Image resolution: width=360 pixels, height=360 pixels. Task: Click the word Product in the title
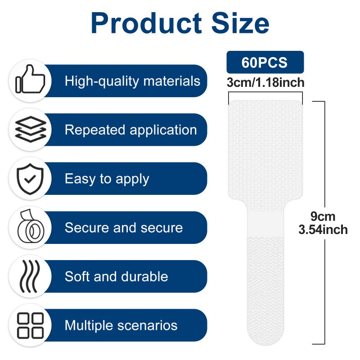click(x=147, y=23)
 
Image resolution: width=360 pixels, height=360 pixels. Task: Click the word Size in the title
click(x=240, y=23)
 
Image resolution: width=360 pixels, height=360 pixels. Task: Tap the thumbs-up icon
click(x=30, y=79)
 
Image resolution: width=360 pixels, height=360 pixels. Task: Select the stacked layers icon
click(x=31, y=129)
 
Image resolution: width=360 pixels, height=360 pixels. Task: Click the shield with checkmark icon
click(x=30, y=179)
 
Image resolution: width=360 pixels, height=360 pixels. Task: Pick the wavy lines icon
click(x=30, y=276)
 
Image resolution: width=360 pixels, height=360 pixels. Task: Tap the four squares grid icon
click(x=30, y=325)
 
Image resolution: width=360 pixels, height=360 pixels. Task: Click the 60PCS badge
click(x=265, y=62)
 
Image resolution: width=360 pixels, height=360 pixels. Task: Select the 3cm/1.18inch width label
click(x=265, y=82)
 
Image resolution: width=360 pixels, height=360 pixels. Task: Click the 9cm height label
click(x=323, y=216)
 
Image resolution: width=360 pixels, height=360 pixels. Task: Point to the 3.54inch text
click(x=323, y=229)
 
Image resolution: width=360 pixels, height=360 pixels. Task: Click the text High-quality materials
click(x=132, y=81)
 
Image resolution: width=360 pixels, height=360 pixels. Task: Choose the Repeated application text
click(x=131, y=130)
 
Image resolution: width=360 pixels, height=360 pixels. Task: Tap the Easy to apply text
click(x=107, y=179)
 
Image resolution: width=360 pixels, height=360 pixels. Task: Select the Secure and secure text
click(x=124, y=228)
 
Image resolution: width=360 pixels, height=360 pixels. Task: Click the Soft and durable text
click(x=117, y=276)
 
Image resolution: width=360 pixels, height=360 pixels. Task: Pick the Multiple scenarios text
click(x=121, y=325)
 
